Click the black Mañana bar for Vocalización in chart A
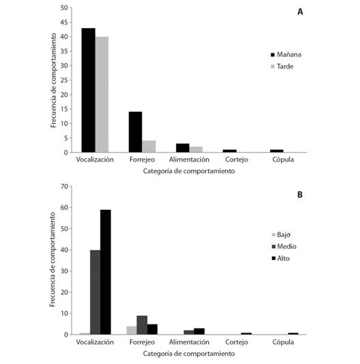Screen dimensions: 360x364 88,90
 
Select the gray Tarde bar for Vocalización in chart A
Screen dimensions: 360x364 102,95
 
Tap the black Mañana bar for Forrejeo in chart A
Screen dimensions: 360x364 136,132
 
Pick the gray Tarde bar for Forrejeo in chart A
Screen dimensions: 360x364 149,147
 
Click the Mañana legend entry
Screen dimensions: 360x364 286,55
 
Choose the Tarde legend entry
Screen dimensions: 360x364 282,66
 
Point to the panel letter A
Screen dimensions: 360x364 300,12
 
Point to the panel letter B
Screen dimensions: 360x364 300,194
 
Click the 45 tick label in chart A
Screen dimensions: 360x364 64,22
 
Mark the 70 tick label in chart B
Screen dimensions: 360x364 64,186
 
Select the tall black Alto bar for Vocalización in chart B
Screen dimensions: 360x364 106,272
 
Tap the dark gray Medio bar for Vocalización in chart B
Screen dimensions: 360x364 95,292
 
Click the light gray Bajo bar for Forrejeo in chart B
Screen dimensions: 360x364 132,331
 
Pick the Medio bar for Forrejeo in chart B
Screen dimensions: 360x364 142,325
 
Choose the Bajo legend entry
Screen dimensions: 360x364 281,234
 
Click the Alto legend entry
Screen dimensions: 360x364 280,258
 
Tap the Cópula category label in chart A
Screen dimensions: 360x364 283,160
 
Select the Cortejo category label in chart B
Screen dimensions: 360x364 237,342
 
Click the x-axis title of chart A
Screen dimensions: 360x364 189,171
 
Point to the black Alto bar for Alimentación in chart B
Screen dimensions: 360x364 199,331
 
